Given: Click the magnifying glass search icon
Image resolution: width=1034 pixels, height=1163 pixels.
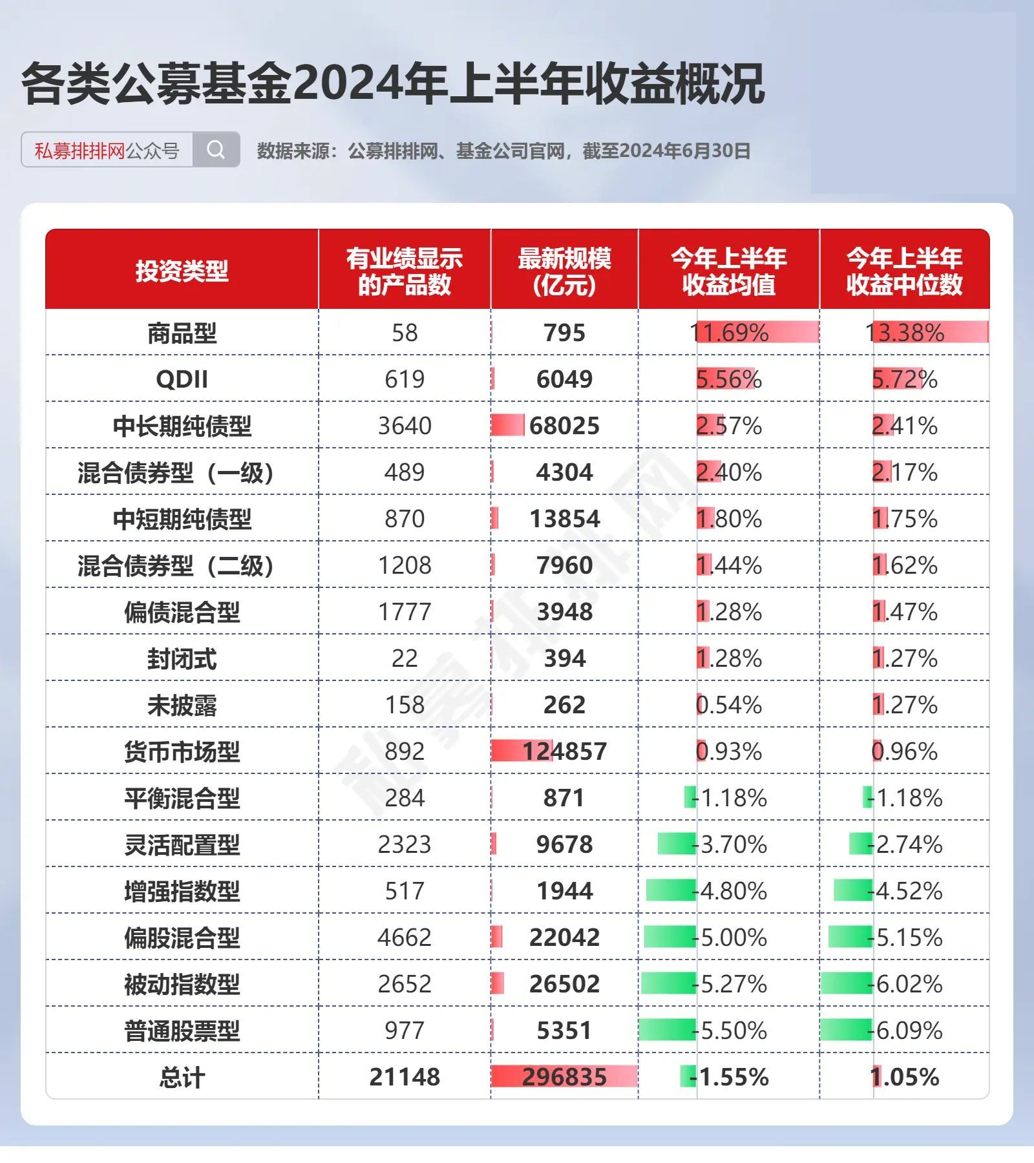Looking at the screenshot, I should pyautogui.click(x=216, y=150).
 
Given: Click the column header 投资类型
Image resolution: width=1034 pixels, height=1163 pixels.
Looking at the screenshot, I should pyautogui.click(x=182, y=271).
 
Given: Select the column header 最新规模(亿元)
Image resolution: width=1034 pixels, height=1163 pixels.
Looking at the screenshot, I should pyautogui.click(x=564, y=271).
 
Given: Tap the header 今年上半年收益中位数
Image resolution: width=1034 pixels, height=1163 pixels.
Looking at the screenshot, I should pyautogui.click(x=904, y=271).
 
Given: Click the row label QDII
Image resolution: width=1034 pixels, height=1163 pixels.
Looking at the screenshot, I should pyautogui.click(x=182, y=379).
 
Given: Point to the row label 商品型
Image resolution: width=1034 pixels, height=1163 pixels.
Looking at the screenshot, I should pyautogui.click(x=182, y=333).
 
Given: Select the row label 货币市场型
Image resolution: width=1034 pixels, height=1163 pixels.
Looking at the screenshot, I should pyautogui.click(x=182, y=751).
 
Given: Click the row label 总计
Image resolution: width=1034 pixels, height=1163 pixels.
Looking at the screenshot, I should pyautogui.click(x=182, y=1077).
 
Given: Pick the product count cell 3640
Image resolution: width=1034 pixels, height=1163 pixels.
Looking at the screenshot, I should pyautogui.click(x=405, y=426).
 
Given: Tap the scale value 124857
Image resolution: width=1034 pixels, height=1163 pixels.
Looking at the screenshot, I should pyautogui.click(x=564, y=751).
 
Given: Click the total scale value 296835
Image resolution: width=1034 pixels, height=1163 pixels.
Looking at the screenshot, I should pyautogui.click(x=564, y=1077).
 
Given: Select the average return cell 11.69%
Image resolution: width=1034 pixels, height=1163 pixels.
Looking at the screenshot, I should pyautogui.click(x=729, y=333).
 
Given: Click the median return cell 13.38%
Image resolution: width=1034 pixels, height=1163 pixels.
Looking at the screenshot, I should pyautogui.click(x=905, y=333).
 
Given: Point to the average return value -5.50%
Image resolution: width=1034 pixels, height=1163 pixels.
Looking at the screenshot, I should pyautogui.click(x=729, y=1031).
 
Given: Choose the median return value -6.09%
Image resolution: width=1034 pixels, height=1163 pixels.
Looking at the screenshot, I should pyautogui.click(x=905, y=1031).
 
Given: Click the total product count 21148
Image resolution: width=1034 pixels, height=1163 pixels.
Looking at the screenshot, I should pyautogui.click(x=405, y=1077).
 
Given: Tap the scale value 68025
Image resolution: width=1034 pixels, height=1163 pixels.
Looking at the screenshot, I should pyautogui.click(x=564, y=426).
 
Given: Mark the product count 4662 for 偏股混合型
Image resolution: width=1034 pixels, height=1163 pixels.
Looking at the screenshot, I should pyautogui.click(x=405, y=938).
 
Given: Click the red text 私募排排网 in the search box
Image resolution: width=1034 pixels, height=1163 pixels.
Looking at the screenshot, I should pyautogui.click(x=79, y=151).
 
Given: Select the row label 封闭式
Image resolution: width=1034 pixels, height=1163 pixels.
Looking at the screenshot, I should pyautogui.click(x=182, y=659).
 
